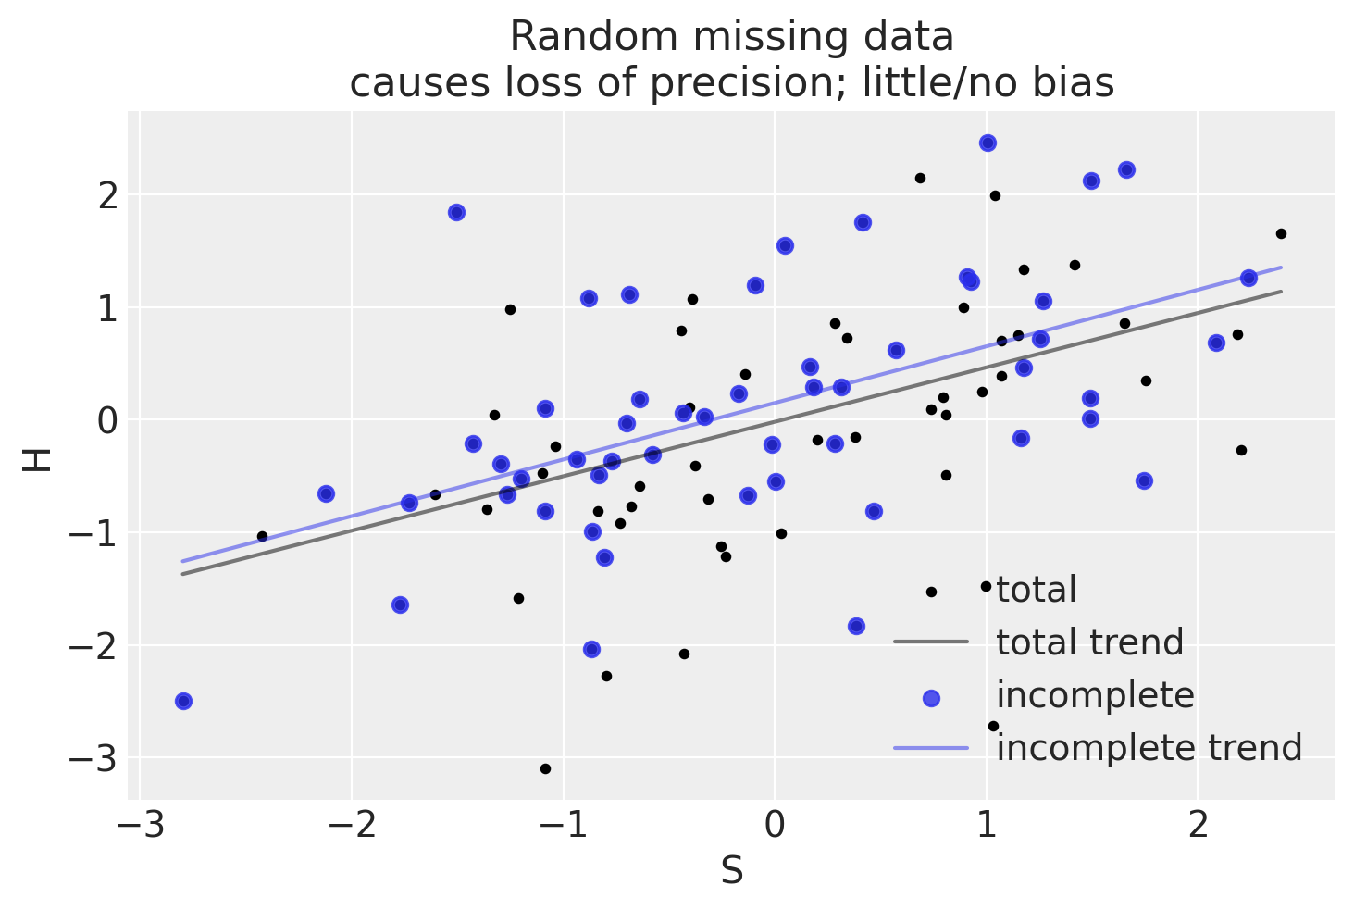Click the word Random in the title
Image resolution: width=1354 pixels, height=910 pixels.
pyautogui.click(x=565, y=38)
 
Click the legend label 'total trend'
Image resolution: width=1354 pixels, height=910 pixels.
pyautogui.click(x=1089, y=642)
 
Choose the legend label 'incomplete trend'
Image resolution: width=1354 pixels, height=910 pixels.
pyautogui.click(x=1149, y=747)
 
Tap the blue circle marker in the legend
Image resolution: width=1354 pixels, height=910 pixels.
pyautogui.click(x=930, y=696)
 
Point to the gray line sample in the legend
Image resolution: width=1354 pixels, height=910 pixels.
pyautogui.click(x=930, y=642)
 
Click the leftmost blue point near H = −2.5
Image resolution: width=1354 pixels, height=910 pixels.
pyautogui.click(x=183, y=701)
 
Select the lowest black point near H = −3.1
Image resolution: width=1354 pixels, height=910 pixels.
pyautogui.click(x=545, y=768)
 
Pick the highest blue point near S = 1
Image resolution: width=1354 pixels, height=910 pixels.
pyautogui.click(x=988, y=143)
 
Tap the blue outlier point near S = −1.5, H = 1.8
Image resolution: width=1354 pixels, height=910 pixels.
pyautogui.click(x=456, y=212)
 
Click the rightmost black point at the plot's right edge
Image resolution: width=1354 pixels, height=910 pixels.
pyautogui.click(x=1281, y=233)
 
